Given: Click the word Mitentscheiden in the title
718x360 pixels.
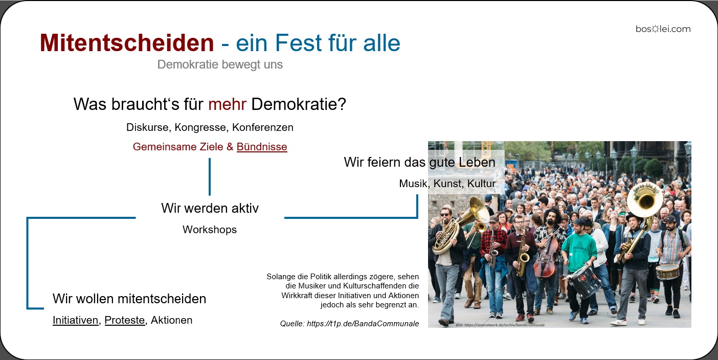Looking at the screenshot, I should (x=126, y=43).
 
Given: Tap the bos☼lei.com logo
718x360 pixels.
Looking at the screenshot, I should (x=663, y=29).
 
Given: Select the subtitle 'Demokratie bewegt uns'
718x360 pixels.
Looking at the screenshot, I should (x=220, y=65).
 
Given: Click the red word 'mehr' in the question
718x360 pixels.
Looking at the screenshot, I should (x=227, y=104).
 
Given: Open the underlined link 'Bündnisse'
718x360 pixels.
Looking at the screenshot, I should (x=262, y=147).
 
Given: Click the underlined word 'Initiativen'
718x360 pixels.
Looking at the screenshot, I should (x=75, y=320).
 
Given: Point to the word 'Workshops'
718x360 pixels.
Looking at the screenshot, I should (x=210, y=230).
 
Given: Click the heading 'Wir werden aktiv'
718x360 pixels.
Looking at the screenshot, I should (x=210, y=208).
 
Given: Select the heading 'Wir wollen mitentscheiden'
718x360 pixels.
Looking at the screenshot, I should (x=129, y=299).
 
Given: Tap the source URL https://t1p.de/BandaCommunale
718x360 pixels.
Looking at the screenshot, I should (x=363, y=323).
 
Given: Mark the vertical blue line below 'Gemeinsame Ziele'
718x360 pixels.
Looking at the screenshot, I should (x=210, y=176).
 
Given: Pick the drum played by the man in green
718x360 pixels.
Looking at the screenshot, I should (x=584, y=280).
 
